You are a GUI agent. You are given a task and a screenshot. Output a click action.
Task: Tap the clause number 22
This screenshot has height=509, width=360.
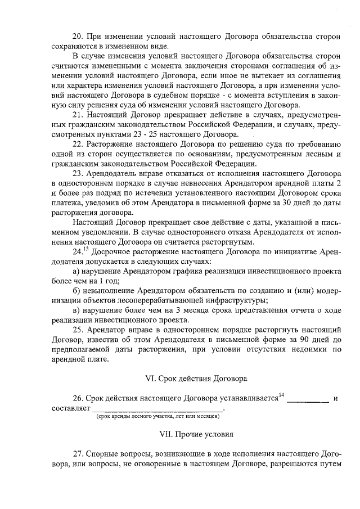(79, 143)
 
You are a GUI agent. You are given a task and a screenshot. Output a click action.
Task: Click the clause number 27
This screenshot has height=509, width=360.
(79, 454)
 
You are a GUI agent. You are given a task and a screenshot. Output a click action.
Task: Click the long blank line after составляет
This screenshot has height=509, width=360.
(158, 409)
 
